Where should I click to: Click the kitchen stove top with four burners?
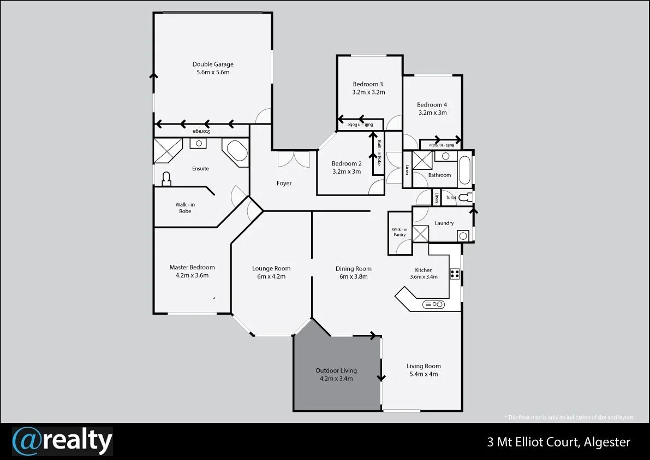click(x=454, y=274)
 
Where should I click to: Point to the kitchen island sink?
click(x=434, y=304)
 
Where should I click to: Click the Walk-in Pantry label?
click(x=399, y=232)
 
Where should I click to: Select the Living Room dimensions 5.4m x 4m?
click(x=424, y=374)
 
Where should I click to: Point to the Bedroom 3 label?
click(x=368, y=84)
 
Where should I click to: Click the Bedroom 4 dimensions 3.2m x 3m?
click(x=432, y=113)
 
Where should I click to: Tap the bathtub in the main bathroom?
click(x=465, y=170)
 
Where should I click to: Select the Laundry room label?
click(x=444, y=223)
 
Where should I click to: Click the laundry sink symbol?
click(x=462, y=235)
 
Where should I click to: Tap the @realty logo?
click(x=62, y=441)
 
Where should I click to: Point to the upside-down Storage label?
click(x=201, y=132)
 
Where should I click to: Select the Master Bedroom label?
click(x=192, y=267)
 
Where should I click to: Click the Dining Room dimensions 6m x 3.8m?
click(x=353, y=276)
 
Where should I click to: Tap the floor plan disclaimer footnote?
click(x=569, y=417)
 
